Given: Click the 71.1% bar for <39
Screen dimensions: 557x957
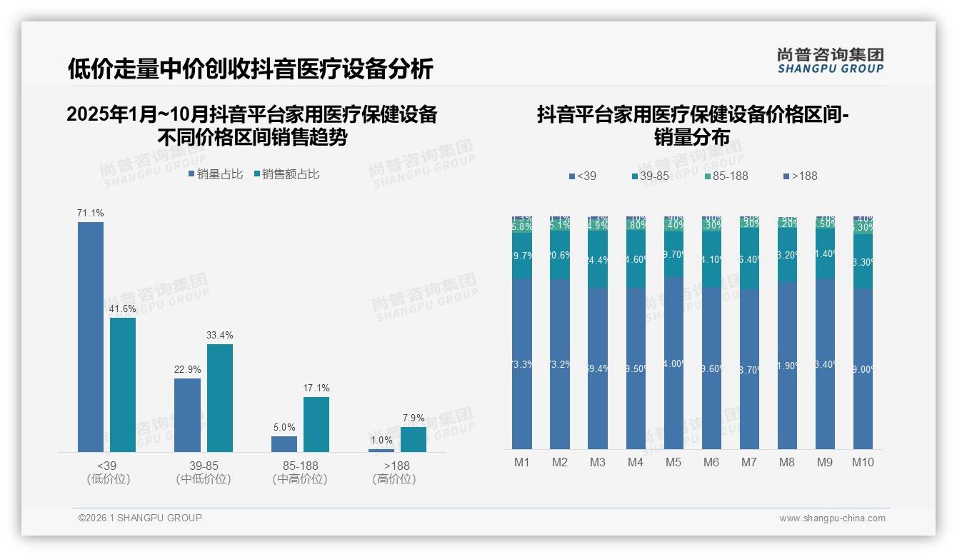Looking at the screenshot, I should click(x=91, y=336).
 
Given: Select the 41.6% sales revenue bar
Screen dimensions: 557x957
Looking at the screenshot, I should click(x=123, y=384).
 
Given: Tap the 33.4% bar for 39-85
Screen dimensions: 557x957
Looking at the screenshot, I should click(x=220, y=398).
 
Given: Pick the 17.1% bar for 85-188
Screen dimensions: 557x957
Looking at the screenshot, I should click(x=316, y=424).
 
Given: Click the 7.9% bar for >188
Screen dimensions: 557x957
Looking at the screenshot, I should click(x=413, y=439).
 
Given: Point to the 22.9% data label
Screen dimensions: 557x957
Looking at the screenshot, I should click(x=188, y=369).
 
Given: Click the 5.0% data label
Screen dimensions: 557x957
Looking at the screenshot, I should click(x=284, y=427).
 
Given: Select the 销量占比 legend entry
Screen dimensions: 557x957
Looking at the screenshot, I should click(x=216, y=174).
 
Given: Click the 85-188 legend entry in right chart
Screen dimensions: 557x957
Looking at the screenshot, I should click(x=726, y=176).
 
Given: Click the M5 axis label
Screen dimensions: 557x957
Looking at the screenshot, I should click(x=673, y=462).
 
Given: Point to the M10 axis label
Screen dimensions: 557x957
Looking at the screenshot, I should click(x=863, y=462).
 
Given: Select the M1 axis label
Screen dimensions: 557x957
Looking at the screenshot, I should click(x=522, y=462).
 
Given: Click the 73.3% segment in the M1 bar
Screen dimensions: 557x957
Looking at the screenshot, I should click(x=522, y=363).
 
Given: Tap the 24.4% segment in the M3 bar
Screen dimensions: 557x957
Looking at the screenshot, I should click(x=598, y=260).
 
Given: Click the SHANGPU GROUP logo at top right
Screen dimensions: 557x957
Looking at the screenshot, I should click(x=830, y=61).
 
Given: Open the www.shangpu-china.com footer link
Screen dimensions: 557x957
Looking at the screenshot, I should click(x=832, y=518).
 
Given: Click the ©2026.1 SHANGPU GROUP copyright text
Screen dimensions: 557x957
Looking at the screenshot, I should click(x=140, y=518).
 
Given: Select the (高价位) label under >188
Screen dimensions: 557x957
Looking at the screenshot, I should click(x=394, y=479).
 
